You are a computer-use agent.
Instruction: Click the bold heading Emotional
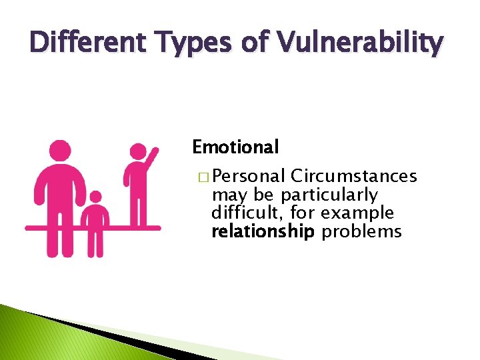click(235, 146)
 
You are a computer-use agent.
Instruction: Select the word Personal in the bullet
click(250, 176)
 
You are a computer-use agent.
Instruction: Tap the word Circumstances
click(355, 176)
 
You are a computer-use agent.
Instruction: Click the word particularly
click(339, 195)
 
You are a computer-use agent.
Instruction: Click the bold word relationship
click(262, 232)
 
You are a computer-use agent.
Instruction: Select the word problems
click(361, 232)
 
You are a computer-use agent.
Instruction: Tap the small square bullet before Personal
click(202, 177)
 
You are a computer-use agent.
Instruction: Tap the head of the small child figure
click(95, 197)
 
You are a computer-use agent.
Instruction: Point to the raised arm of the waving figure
click(152, 159)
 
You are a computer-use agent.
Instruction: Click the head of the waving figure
click(137, 151)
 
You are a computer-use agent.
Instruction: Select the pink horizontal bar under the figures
click(93, 228)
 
